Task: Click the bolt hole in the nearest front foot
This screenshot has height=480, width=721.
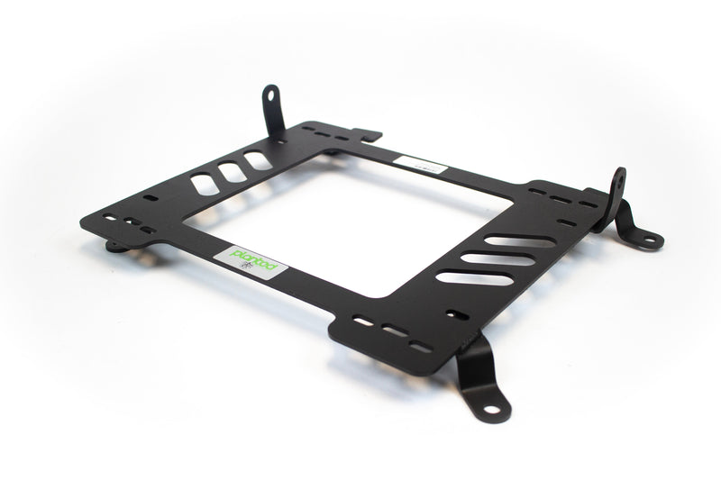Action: click(x=501, y=410)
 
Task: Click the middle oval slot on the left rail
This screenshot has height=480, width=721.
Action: click(x=228, y=173)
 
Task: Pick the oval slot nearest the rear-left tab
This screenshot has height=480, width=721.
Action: click(x=257, y=161)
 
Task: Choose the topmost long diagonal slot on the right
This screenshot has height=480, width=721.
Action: click(x=520, y=241)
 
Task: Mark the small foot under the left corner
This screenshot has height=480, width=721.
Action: click(x=114, y=245)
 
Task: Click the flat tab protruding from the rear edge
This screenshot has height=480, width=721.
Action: click(x=365, y=135)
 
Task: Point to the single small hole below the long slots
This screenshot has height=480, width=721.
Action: click(x=458, y=315)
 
